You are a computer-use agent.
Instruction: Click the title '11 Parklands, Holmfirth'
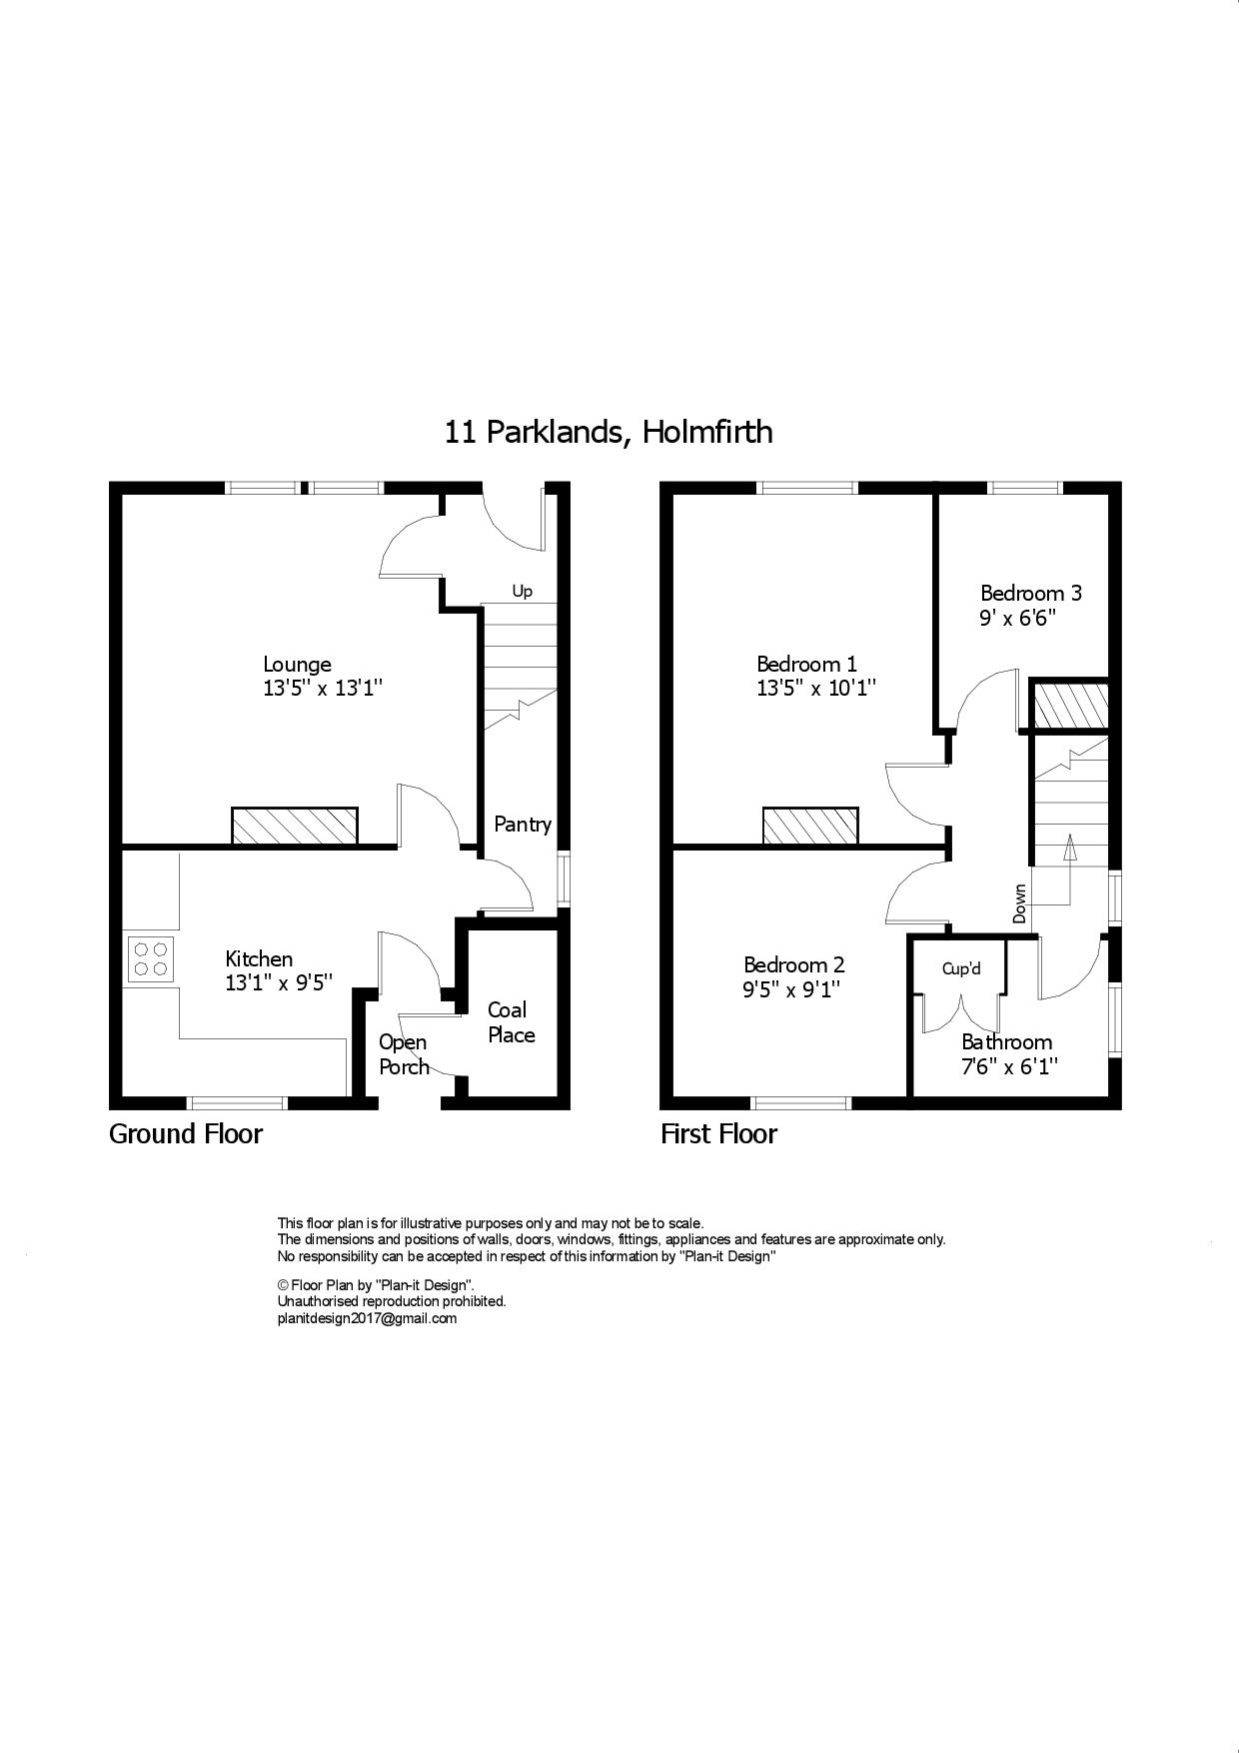pyautogui.click(x=609, y=432)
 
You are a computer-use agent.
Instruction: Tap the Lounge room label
pyautogui.click(x=297, y=664)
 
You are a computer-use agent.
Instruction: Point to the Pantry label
pyautogui.click(x=523, y=825)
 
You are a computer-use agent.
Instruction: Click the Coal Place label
pyautogui.click(x=511, y=1022)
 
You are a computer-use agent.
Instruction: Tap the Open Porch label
pyautogui.click(x=404, y=1054)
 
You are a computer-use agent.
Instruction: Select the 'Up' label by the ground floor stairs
pyautogui.click(x=522, y=592)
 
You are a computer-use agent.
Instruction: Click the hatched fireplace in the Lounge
pyautogui.click(x=295, y=826)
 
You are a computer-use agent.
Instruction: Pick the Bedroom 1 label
pyautogui.click(x=806, y=664)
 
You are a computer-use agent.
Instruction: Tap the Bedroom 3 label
pyautogui.click(x=1030, y=593)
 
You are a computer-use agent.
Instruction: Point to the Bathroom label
pyautogui.click(x=1006, y=1042)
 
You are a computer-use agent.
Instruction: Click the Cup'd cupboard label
pyautogui.click(x=961, y=968)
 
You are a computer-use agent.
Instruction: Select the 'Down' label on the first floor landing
pyautogui.click(x=1019, y=903)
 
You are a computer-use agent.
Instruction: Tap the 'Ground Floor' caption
pyautogui.click(x=186, y=1134)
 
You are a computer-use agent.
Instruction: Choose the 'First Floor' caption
pyautogui.click(x=718, y=1134)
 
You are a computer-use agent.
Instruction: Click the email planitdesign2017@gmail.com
pyautogui.click(x=367, y=1318)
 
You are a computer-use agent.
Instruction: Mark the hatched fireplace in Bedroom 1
pyautogui.click(x=810, y=826)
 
